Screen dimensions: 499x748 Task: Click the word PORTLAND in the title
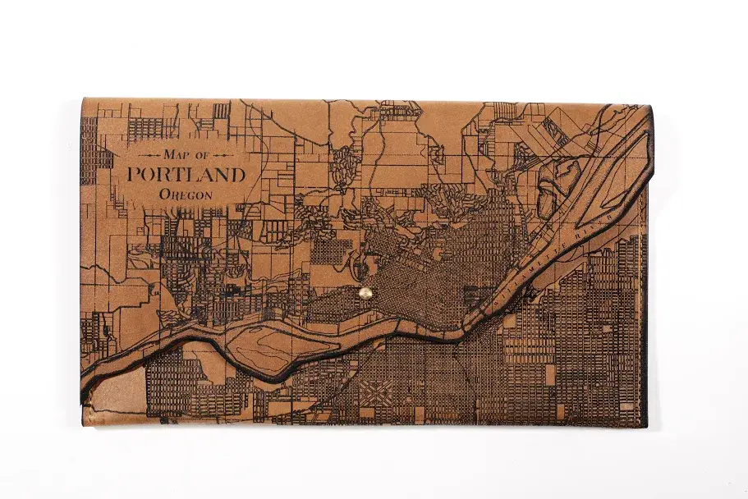[186, 175]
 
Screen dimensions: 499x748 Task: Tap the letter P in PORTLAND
[134, 175]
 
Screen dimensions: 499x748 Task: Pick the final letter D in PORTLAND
[238, 175]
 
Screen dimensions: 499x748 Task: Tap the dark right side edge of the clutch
[648, 328]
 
